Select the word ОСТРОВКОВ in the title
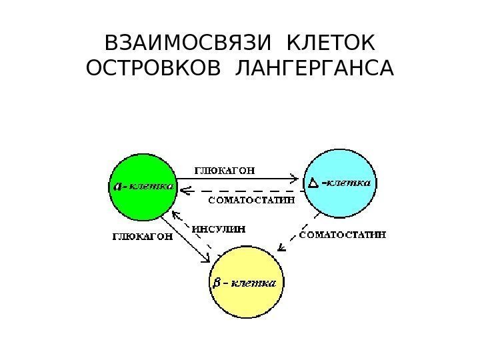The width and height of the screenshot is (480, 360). click(x=157, y=69)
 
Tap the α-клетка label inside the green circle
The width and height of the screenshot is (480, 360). click(x=141, y=187)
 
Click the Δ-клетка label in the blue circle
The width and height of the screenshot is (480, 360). click(x=341, y=181)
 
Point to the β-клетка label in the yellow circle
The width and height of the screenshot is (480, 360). click(x=245, y=282)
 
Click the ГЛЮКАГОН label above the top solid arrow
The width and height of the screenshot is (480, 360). click(x=223, y=169)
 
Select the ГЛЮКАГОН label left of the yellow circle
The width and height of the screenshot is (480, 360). click(x=141, y=235)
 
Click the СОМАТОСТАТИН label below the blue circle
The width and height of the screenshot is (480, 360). click(x=343, y=235)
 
